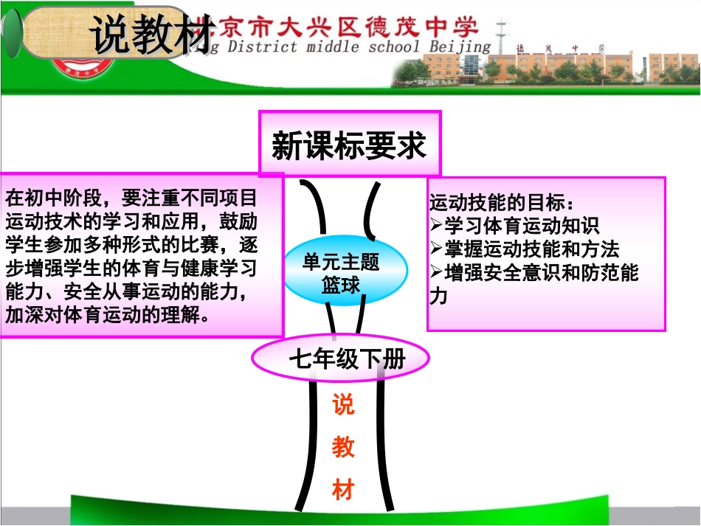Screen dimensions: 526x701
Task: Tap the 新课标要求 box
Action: [349, 145]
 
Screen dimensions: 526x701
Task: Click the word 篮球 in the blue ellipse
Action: [341, 284]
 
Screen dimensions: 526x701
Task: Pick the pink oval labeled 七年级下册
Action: [341, 359]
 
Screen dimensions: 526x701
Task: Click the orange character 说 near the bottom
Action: [343, 405]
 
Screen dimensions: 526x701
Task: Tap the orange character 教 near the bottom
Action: [343, 447]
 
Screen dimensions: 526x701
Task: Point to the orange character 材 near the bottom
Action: [343, 489]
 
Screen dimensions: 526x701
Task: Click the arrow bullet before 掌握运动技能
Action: [435, 249]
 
